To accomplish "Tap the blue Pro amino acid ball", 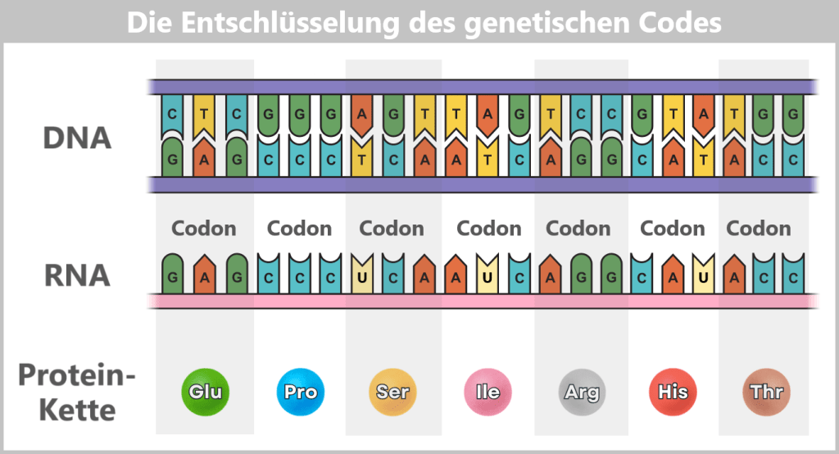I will coord(300,392).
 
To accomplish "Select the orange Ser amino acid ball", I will coord(392,392).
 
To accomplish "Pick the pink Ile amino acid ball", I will coord(488,392).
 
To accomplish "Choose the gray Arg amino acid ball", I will coord(581,392).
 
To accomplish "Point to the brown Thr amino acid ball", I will coord(765,392).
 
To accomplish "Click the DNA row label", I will coord(76,138).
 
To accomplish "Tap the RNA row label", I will coord(76,275).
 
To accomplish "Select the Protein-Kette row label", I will coord(76,392).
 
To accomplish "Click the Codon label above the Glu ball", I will coord(203,228).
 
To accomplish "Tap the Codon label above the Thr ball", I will coord(759,228).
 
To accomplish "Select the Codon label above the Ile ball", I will coord(488,228).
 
